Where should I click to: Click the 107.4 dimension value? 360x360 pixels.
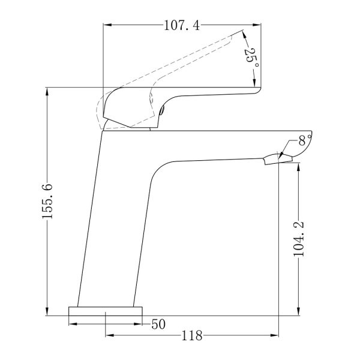(x=182, y=25)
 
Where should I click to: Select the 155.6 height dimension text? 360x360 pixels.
(x=47, y=201)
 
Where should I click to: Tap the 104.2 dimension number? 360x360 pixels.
(x=299, y=239)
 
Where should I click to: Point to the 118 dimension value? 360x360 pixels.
(x=192, y=335)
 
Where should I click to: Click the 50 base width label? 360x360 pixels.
(x=158, y=324)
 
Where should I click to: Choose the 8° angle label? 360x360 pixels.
(x=305, y=140)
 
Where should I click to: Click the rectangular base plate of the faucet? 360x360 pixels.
(x=106, y=311)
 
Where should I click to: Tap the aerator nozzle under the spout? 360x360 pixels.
(x=278, y=159)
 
